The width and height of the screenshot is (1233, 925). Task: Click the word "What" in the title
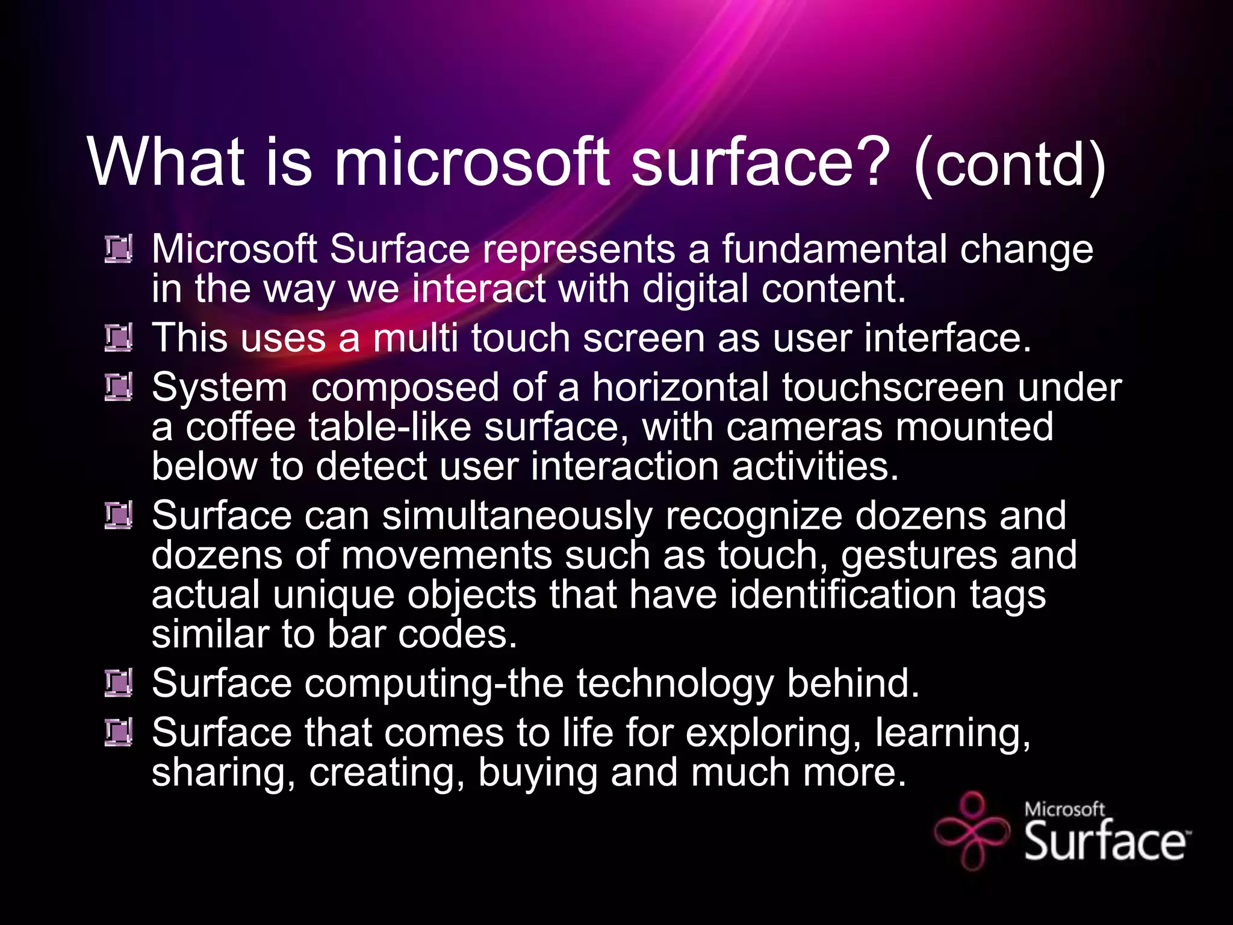(166, 161)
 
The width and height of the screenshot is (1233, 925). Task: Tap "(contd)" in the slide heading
(1009, 165)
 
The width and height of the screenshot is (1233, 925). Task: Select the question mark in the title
(868, 161)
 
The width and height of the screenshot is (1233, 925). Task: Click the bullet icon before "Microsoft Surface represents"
(118, 249)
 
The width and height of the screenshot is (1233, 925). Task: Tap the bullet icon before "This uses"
(118, 338)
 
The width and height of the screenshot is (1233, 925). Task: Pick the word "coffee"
(240, 427)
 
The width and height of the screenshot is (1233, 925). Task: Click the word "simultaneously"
(517, 516)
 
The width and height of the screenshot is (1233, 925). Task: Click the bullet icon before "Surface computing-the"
(118, 684)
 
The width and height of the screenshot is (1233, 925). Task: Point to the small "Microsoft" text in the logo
(1064, 809)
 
